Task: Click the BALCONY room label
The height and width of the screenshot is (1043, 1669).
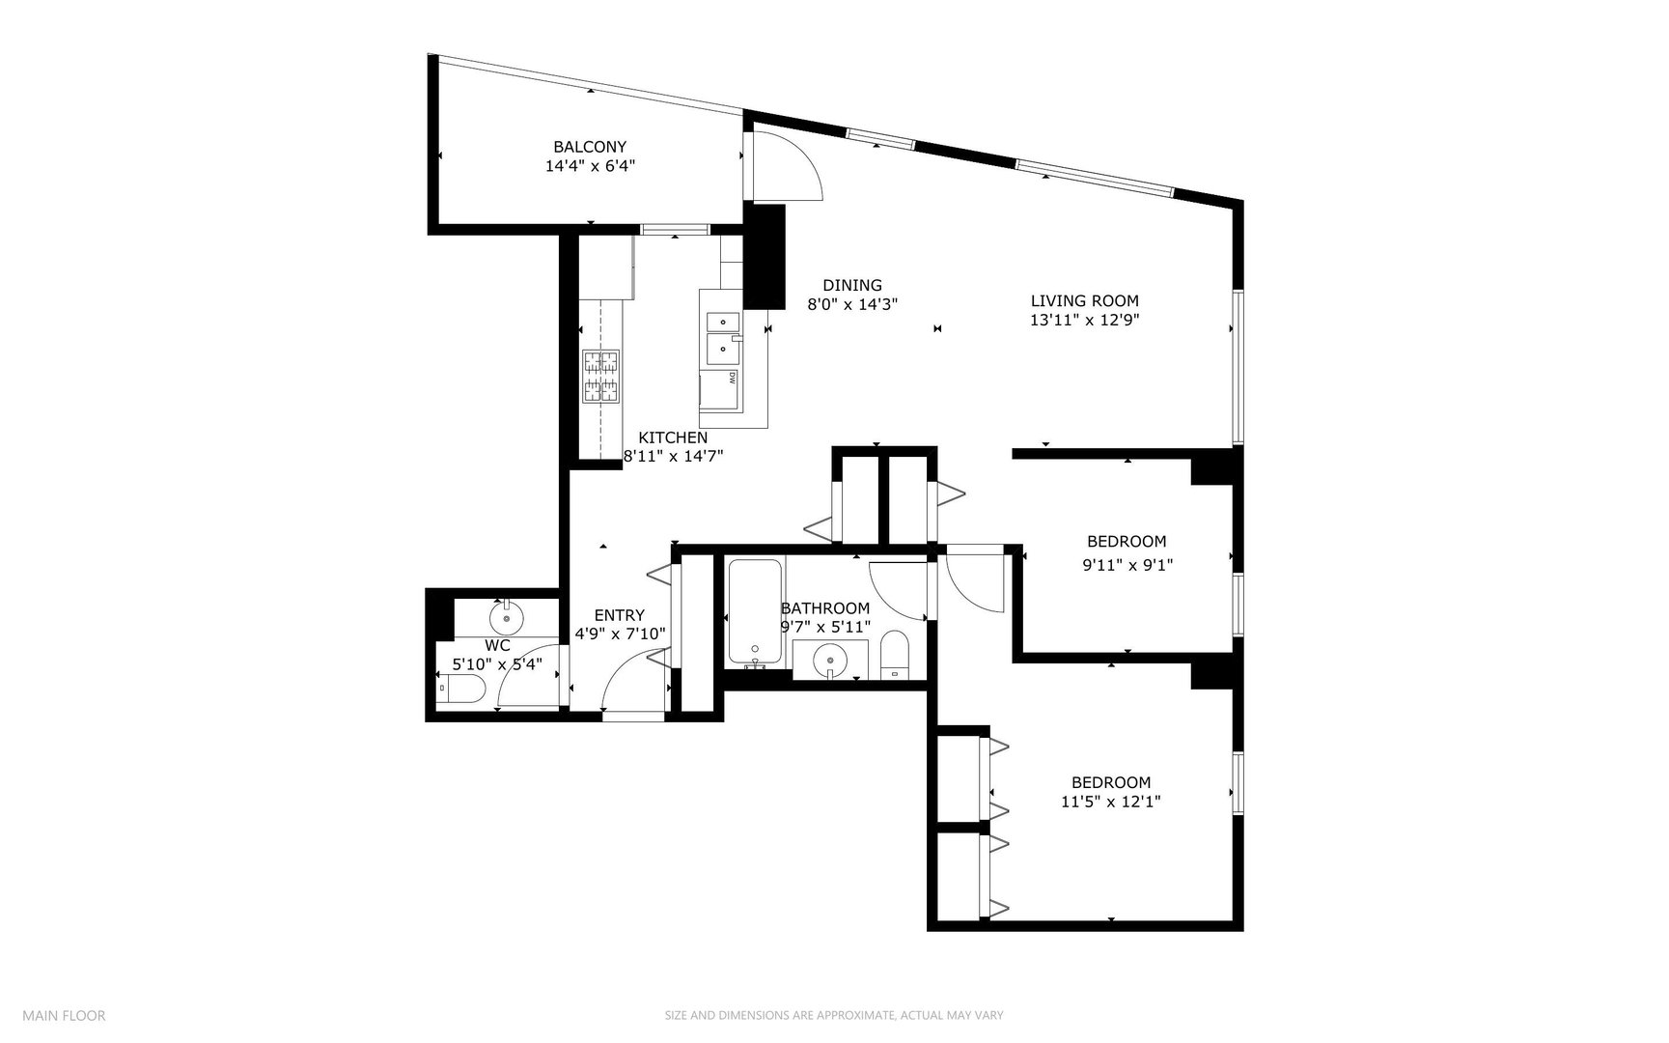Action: click(x=590, y=147)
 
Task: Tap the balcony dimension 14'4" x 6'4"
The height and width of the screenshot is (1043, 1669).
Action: click(x=590, y=166)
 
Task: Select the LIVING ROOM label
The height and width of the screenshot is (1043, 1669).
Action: click(x=1084, y=300)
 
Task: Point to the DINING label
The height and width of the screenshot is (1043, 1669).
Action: click(x=851, y=285)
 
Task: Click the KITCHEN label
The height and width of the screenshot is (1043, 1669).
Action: click(x=673, y=437)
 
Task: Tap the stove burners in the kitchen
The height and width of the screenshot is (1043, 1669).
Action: click(x=599, y=377)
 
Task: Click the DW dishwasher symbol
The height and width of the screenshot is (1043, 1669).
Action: click(x=732, y=379)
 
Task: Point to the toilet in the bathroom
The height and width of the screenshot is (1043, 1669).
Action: click(x=895, y=657)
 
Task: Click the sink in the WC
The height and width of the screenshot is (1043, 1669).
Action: click(x=506, y=615)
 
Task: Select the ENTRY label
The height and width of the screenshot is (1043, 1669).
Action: click(x=619, y=615)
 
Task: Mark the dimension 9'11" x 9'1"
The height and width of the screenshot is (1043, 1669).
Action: click(x=1127, y=565)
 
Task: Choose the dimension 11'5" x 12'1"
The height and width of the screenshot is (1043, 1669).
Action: click(x=1110, y=802)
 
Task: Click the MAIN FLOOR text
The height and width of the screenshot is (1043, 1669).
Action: click(x=64, y=1015)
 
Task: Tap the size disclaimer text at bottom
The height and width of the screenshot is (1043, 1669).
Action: click(x=834, y=1015)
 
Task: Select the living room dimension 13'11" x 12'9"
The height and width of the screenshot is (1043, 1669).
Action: click(x=1084, y=321)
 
